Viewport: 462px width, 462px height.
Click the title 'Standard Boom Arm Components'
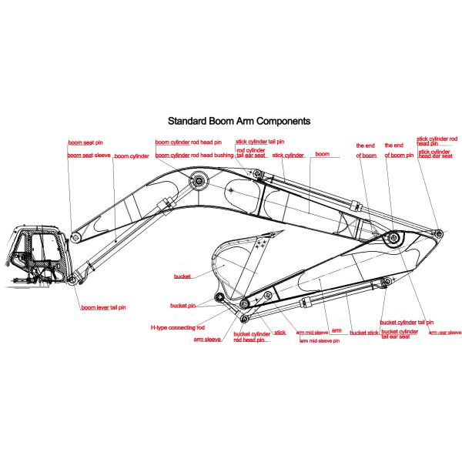tap(239, 121)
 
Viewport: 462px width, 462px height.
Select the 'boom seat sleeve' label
tap(89, 156)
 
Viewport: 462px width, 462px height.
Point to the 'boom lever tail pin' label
tap(103, 308)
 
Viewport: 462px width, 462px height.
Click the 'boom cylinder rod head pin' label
tap(188, 142)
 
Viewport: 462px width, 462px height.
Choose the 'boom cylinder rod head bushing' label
tap(194, 156)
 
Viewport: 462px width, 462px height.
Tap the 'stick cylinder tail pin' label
tap(259, 142)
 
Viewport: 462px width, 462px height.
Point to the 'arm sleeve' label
tap(207, 339)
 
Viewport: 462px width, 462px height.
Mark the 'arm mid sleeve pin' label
tap(318, 340)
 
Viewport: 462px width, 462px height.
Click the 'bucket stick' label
tap(363, 333)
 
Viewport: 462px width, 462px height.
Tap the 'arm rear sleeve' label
tap(444, 332)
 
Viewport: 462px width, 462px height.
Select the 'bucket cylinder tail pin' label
tap(407, 322)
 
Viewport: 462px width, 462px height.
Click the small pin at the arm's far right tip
tap(437, 232)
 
